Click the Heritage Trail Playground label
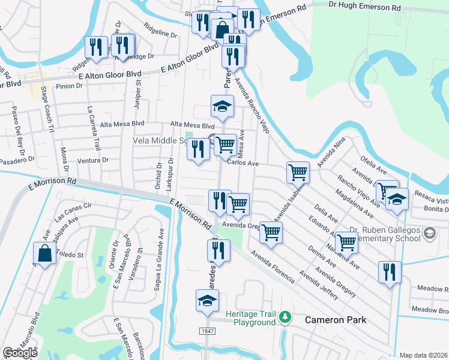pos(250,318)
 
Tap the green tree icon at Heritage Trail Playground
pos(286,316)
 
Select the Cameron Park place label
pos(335,320)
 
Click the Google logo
pos(20,353)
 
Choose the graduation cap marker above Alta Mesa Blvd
pos(222,107)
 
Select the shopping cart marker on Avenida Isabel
pos(298,173)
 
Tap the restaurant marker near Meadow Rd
pos(390,272)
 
